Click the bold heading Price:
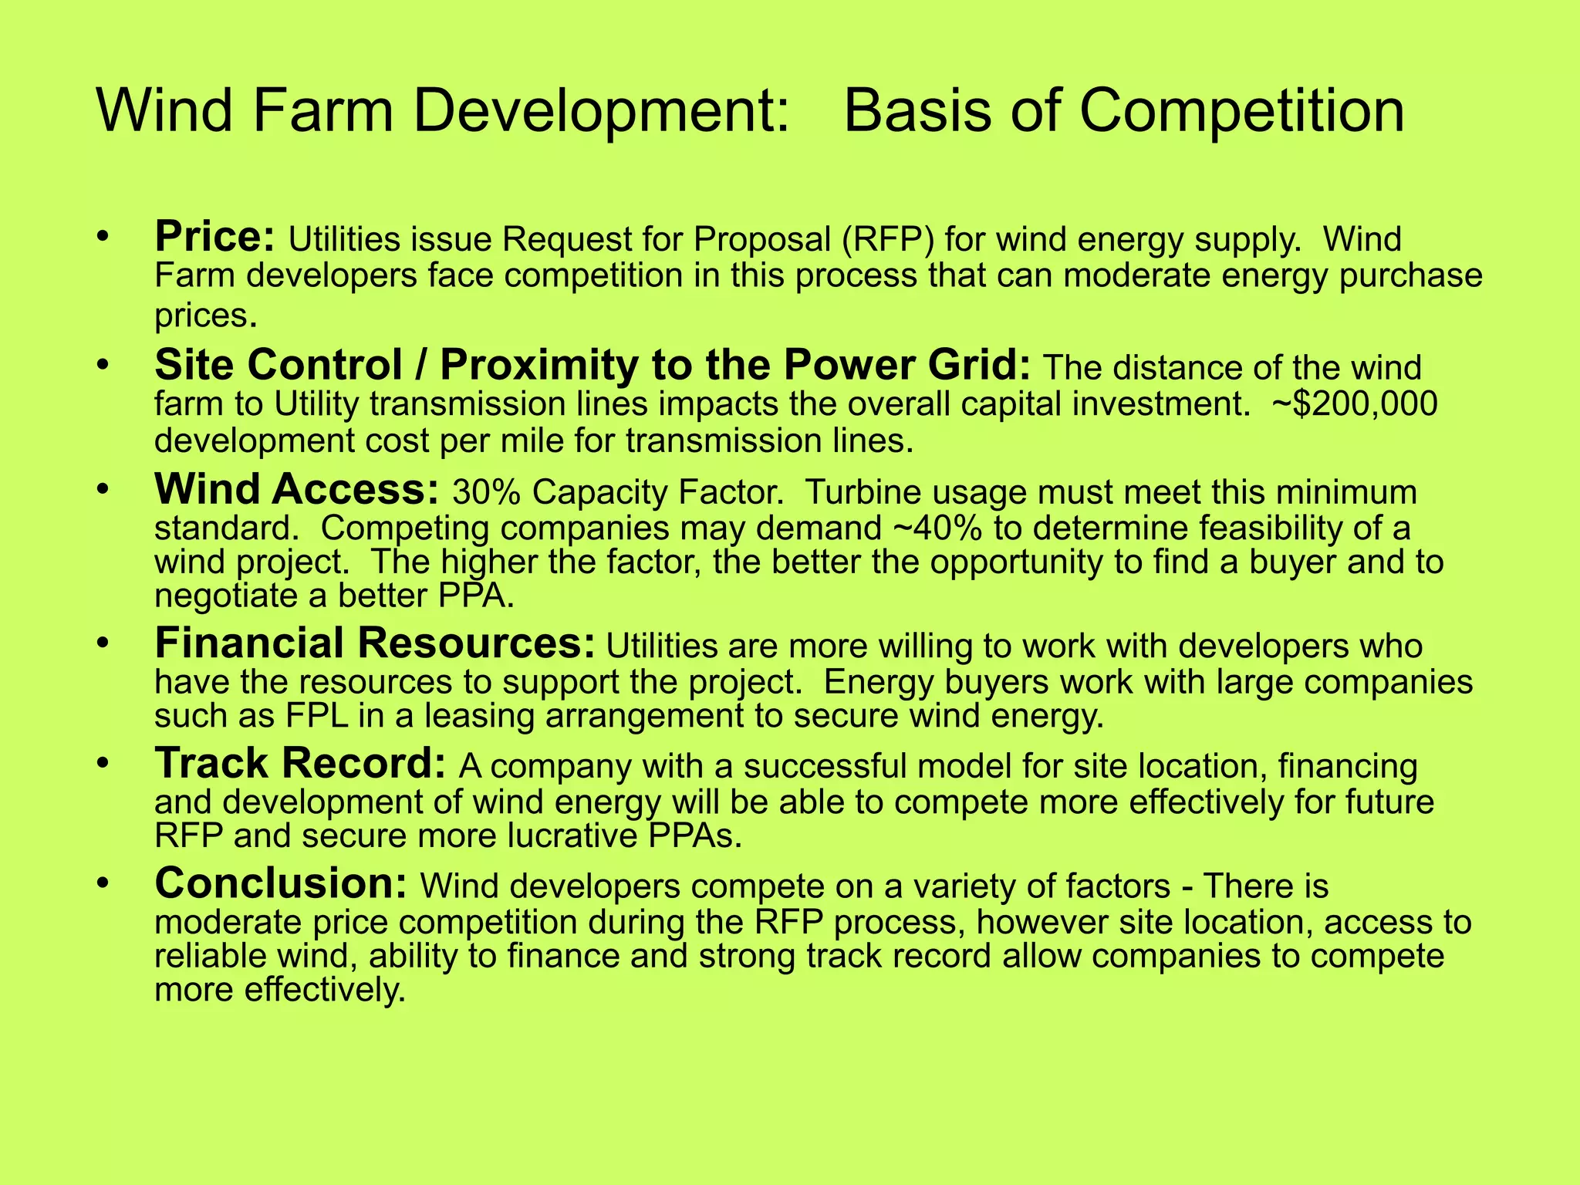coord(214,236)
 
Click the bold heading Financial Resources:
coord(375,643)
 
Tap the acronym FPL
coord(315,716)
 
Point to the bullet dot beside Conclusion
coord(105,884)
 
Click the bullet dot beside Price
coord(105,237)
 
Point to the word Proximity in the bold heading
coord(538,365)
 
